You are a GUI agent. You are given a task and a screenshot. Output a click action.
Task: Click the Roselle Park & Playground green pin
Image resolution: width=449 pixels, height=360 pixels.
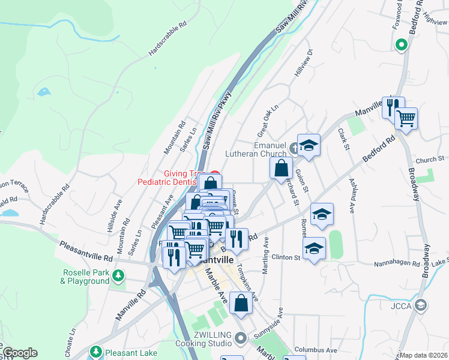point(119,275)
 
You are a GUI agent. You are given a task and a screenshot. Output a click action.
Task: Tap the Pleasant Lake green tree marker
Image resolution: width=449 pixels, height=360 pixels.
point(95,352)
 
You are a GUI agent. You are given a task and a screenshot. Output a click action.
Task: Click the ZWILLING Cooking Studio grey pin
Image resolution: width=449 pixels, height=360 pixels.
point(240,338)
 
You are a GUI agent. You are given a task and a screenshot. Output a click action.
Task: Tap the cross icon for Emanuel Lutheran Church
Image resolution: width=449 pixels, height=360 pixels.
point(294,148)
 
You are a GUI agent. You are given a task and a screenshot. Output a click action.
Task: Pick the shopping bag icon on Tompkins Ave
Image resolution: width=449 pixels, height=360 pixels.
point(241,304)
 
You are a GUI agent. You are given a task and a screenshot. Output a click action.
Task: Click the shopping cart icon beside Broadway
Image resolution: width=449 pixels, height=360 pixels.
point(406,119)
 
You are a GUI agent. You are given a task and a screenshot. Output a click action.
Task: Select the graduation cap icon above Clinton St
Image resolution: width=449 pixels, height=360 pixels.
point(314,248)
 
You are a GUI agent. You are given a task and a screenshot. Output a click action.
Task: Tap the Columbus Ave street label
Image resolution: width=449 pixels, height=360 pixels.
point(316,350)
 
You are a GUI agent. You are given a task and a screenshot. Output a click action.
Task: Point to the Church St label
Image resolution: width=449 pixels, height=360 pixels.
point(429,160)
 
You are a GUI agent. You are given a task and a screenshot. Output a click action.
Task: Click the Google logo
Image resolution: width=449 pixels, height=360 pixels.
point(19,353)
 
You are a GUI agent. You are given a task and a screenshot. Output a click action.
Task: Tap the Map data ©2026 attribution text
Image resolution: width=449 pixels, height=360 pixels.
point(424,355)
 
